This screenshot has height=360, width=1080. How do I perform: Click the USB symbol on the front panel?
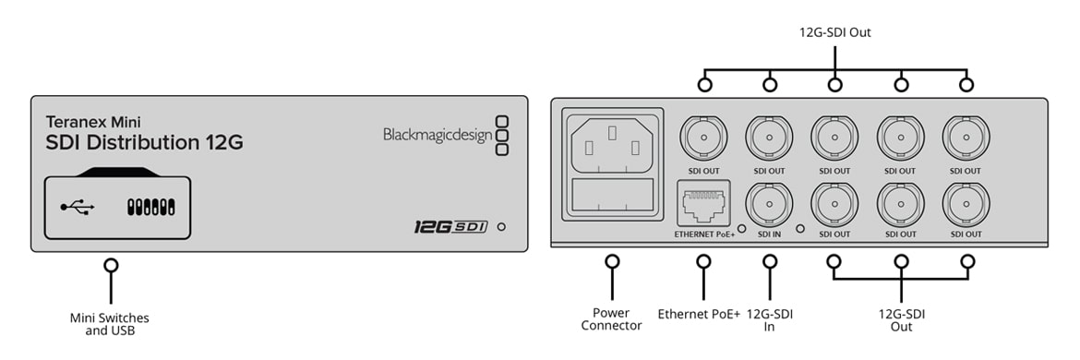[78, 207]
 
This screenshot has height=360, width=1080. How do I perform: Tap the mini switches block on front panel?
[151, 207]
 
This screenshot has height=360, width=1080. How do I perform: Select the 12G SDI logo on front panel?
[450, 226]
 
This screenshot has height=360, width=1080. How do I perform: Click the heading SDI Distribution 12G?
[144, 142]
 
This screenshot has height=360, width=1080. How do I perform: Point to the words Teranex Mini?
[93, 123]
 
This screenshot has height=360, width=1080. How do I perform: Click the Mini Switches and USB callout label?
[110, 324]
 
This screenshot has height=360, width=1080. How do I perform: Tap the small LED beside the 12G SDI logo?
[501, 226]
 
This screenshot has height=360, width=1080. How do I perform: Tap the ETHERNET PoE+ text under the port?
[704, 234]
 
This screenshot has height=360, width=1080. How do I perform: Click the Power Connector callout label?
[612, 319]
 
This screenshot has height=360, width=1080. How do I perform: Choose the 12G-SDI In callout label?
[769, 320]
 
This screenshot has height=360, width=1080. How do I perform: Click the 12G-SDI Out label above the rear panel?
[834, 32]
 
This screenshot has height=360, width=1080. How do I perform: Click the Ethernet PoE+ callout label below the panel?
[699, 315]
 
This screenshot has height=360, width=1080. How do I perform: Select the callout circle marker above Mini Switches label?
[110, 265]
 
